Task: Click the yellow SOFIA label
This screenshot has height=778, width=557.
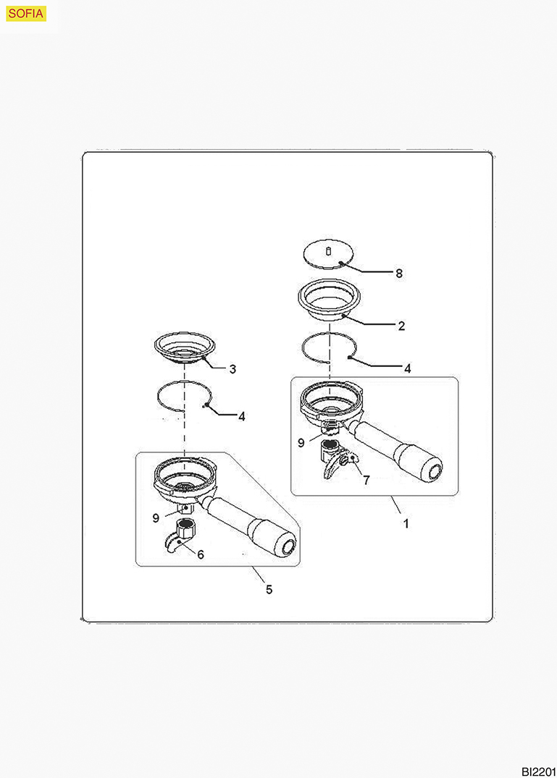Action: [26, 14]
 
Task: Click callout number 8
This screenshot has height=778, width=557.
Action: [399, 274]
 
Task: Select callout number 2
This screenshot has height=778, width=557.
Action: [401, 326]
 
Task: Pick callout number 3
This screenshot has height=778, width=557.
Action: [233, 369]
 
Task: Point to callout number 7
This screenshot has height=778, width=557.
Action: [367, 481]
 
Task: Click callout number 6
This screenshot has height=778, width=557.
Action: [201, 554]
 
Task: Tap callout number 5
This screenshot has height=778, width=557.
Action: [269, 589]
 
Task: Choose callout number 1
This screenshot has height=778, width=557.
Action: [406, 523]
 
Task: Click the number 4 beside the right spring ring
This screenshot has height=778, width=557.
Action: [408, 368]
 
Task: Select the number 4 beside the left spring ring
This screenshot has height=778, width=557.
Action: [242, 417]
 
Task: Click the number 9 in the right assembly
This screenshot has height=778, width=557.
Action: [301, 443]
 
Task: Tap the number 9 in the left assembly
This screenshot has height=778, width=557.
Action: [156, 518]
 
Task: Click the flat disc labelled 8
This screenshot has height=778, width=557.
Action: [329, 253]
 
